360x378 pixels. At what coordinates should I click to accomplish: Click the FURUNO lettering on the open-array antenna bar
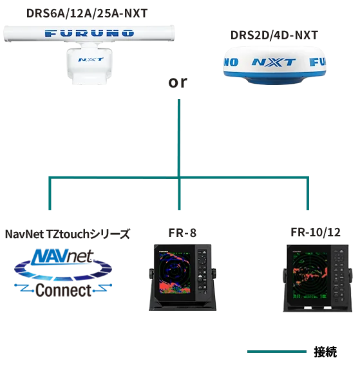tap(90, 32)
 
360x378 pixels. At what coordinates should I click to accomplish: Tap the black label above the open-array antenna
tap(88, 12)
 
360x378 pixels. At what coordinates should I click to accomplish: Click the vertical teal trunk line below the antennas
tap(178, 135)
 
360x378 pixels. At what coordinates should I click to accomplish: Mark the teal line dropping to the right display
tap(307, 193)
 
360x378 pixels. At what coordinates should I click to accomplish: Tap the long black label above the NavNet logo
tap(68, 233)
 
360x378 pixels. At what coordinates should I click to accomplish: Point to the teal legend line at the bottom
tap(278, 352)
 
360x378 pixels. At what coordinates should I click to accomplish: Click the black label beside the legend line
tap(324, 352)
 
